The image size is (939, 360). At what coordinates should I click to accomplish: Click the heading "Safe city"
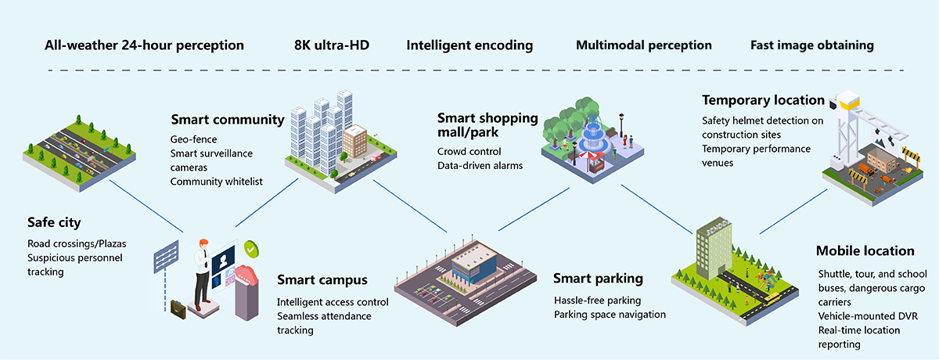(x=53, y=222)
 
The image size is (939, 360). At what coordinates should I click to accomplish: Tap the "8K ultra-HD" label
(x=331, y=45)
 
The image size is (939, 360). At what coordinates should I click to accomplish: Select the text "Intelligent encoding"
(x=469, y=45)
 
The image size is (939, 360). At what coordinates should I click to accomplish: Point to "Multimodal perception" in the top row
(x=643, y=45)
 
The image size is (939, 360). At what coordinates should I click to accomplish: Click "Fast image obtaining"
(x=811, y=45)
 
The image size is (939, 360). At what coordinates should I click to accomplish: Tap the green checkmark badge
(x=250, y=249)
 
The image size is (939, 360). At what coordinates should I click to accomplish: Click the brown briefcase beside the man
(x=179, y=309)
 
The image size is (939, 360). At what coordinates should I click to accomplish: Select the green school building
(x=713, y=244)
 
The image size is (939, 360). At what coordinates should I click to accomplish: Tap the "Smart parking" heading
(x=598, y=279)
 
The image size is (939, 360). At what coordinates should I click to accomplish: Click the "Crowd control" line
(x=469, y=151)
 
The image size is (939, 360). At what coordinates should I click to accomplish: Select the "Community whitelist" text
(x=216, y=182)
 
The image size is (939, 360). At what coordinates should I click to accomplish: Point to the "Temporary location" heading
(x=763, y=100)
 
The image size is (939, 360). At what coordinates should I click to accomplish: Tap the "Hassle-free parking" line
(x=597, y=300)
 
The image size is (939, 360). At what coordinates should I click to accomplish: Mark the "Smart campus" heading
(x=322, y=280)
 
